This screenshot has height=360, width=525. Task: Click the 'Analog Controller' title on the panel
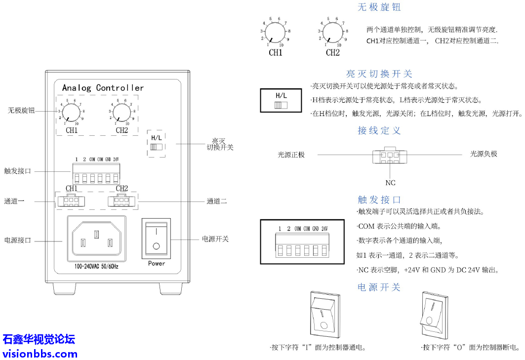103,88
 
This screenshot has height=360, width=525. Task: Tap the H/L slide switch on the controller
156,147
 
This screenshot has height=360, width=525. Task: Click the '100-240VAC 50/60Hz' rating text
97,266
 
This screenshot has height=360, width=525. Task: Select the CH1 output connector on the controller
71,201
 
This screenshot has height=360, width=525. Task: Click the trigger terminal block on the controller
96,174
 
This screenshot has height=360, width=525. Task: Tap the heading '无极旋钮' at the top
379,7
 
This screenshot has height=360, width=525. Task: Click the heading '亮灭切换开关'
379,74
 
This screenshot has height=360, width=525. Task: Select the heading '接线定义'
379,131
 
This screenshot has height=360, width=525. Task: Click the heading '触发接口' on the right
379,200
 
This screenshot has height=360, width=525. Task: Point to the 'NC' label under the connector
391,183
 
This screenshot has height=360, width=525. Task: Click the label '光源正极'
291,155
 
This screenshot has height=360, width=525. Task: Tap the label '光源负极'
484,154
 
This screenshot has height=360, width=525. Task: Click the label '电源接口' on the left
18,240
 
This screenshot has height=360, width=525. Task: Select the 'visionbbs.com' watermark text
40,354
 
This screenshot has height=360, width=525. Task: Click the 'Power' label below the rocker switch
157,263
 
